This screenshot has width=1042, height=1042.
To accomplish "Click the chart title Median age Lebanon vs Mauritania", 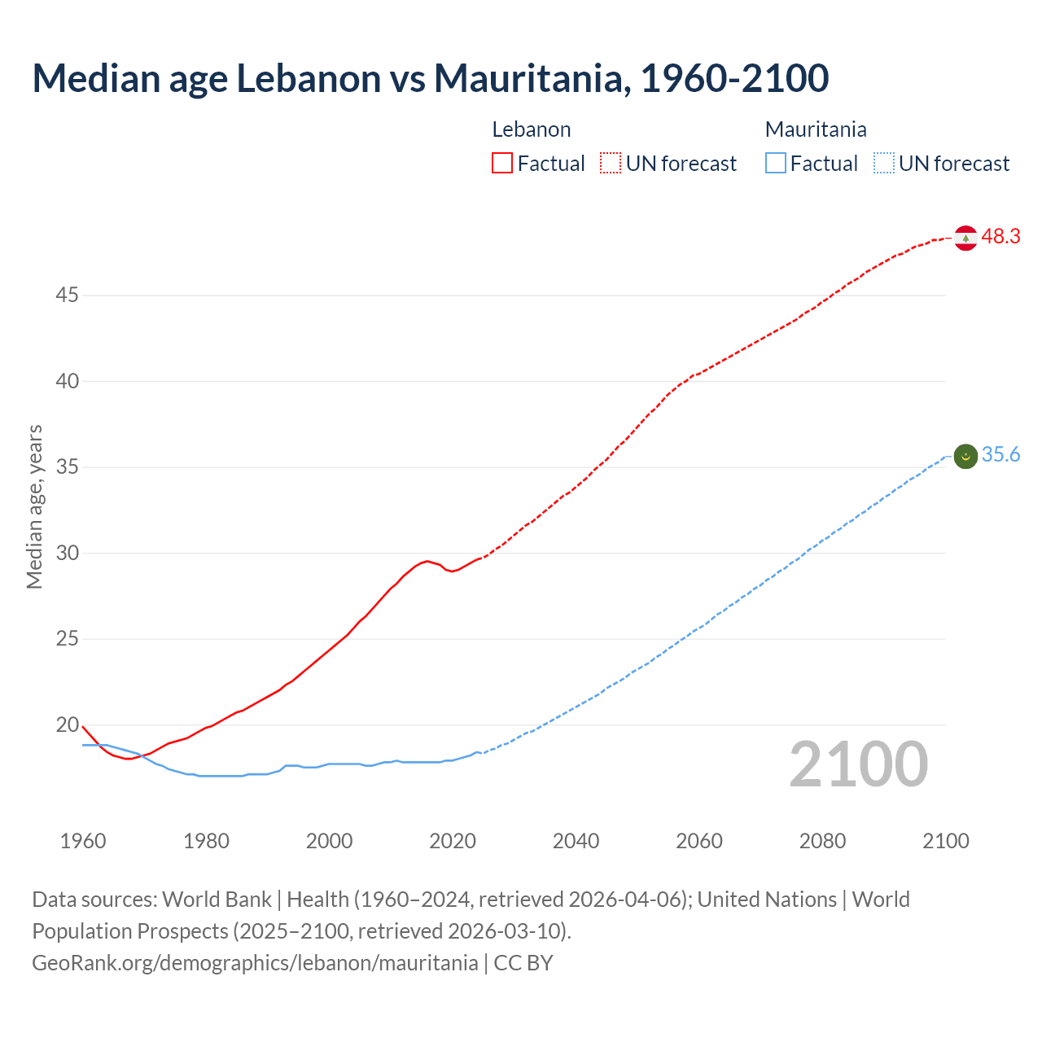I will click(430, 78).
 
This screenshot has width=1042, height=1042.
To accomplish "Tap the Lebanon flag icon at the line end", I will click(965, 238).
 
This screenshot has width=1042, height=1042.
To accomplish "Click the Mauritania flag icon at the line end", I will click(965, 457).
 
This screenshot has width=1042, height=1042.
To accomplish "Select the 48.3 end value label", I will click(1000, 237).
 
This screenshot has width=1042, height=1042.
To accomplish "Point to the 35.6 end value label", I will click(1000, 455).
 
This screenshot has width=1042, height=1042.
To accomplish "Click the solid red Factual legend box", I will click(502, 164).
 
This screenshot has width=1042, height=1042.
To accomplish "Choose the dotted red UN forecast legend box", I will click(611, 164).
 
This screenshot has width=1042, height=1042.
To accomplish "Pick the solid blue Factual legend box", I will click(776, 164).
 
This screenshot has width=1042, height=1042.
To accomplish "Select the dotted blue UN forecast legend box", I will click(884, 164).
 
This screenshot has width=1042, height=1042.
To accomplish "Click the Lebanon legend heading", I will click(532, 129).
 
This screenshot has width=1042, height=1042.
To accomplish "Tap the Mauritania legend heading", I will click(816, 129).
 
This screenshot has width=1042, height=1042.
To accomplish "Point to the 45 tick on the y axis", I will click(67, 295).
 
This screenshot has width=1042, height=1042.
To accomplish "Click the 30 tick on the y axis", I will click(67, 553).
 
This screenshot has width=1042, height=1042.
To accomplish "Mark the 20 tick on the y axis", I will click(67, 725).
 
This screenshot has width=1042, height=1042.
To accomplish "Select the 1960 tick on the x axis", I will click(83, 841).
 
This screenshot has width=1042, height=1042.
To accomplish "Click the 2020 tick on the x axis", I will click(453, 841).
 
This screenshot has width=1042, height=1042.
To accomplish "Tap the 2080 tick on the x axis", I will click(822, 841).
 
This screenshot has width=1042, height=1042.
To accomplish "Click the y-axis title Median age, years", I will click(34, 506).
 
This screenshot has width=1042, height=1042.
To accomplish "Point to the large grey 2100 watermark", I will click(858, 764).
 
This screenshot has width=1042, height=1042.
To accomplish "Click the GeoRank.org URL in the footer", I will click(255, 963).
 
